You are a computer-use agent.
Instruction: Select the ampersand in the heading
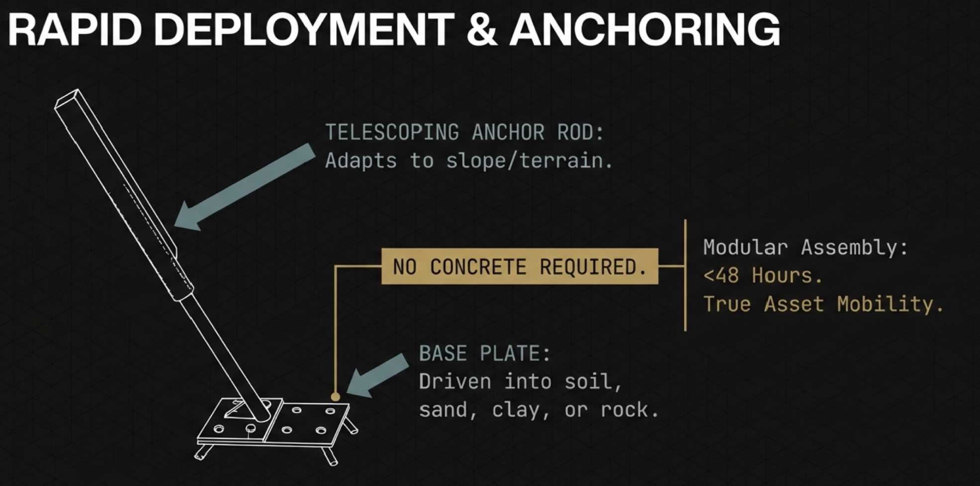click(482, 30)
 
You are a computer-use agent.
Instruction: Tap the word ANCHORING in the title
click(645, 30)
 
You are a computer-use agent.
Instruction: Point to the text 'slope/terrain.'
click(529, 161)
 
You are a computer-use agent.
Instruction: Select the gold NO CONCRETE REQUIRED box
click(519, 266)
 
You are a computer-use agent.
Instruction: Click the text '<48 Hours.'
click(763, 275)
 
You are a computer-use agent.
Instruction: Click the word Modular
click(745, 247)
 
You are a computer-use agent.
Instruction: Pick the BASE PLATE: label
click(485, 353)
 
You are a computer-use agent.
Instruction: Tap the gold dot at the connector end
click(335, 397)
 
